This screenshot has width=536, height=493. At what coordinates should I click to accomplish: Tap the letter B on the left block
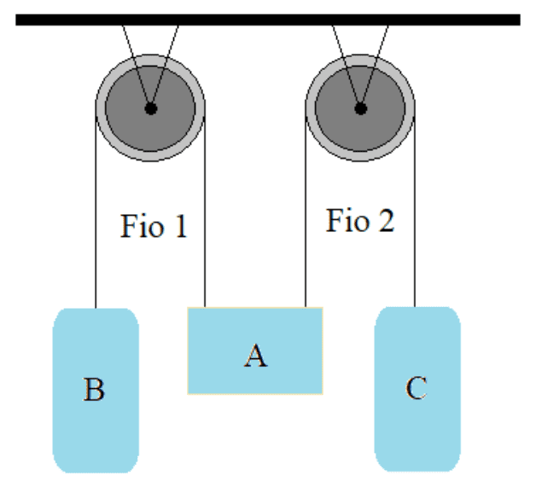pyautogui.click(x=94, y=391)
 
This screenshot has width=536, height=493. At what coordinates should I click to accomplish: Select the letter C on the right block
pyautogui.click(x=416, y=389)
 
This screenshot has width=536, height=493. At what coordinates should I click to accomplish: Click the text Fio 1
pyautogui.click(x=154, y=227)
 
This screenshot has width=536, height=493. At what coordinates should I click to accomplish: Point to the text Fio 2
pyautogui.click(x=360, y=221)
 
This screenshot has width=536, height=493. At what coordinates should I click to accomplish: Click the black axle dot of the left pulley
pyautogui.click(x=150, y=108)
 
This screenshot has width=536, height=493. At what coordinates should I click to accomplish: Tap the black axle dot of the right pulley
pyautogui.click(x=361, y=108)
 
